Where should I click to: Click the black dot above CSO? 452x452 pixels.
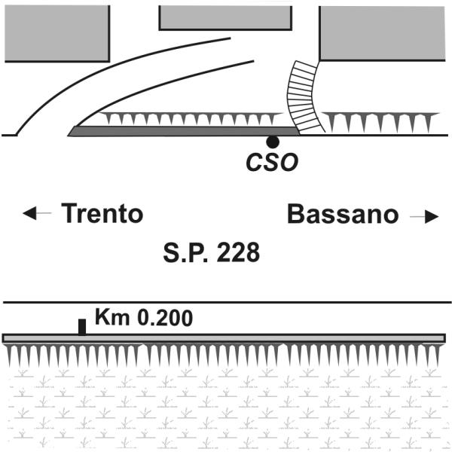pos(273,142)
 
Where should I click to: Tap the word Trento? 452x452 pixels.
pos(102,214)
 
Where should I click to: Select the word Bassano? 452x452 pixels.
pos(343,215)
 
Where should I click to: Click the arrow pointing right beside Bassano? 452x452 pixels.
pos(424,216)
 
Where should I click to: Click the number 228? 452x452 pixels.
pos(238,252)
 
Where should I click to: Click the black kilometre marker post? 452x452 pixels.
pos(82,327)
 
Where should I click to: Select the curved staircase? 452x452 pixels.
pos(303,96)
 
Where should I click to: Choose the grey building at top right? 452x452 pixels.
pos(385,32)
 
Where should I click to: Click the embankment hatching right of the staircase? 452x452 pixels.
pos(380,121)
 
